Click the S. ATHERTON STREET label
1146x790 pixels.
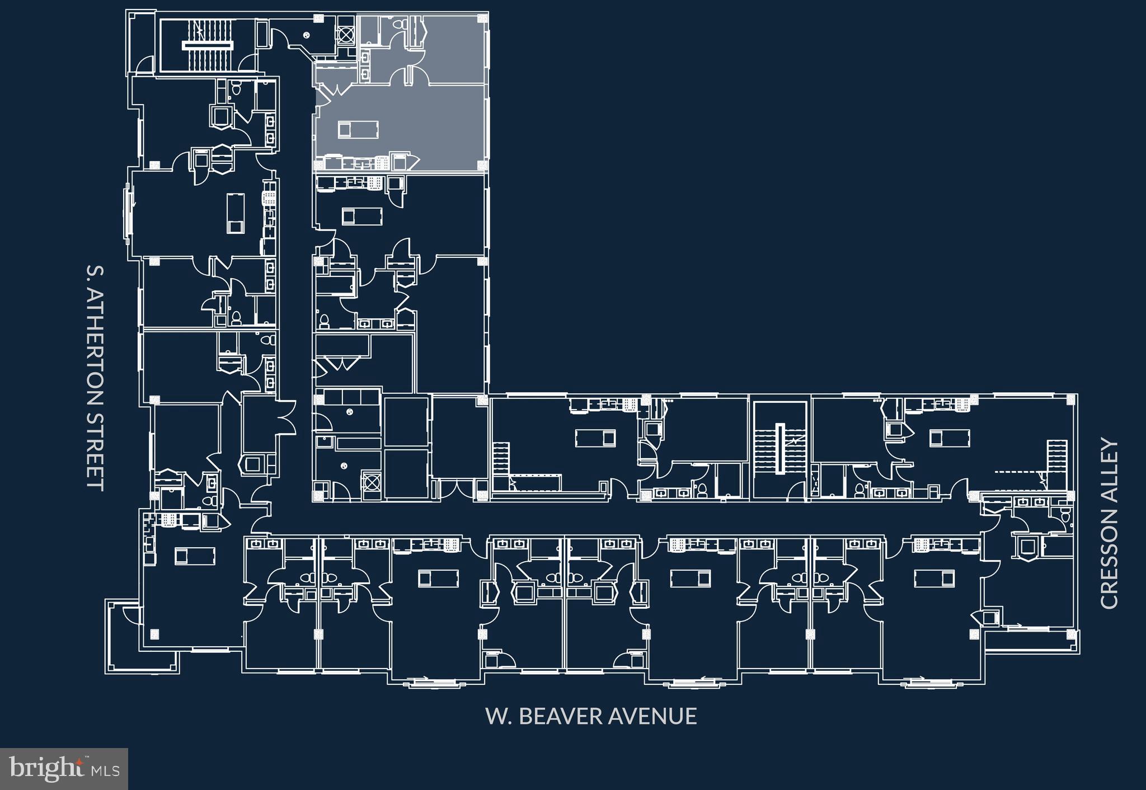95,378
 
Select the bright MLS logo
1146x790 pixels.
64,769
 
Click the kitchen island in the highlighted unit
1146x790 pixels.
358,130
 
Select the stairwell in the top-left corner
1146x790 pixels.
206,44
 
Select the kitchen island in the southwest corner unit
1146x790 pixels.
195,556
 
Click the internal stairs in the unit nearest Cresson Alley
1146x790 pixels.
1056,457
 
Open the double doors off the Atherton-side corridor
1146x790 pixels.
288,417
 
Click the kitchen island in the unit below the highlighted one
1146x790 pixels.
362,215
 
